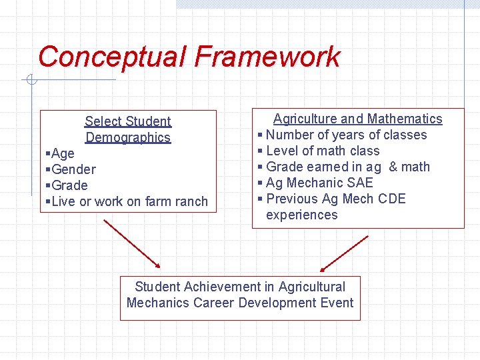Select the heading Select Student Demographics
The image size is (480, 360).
128,129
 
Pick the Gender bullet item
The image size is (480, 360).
73,169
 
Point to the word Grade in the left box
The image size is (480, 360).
69,185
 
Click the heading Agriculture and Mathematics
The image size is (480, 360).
357,119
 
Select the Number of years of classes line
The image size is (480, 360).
346,135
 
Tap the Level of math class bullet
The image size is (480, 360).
322,151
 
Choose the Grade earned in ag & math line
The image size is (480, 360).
347,167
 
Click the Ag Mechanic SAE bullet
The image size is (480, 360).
319,183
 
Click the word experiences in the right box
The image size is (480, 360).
301,215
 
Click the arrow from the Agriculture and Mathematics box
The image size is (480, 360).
344,254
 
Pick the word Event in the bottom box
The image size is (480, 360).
337,303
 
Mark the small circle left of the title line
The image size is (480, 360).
31,81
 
